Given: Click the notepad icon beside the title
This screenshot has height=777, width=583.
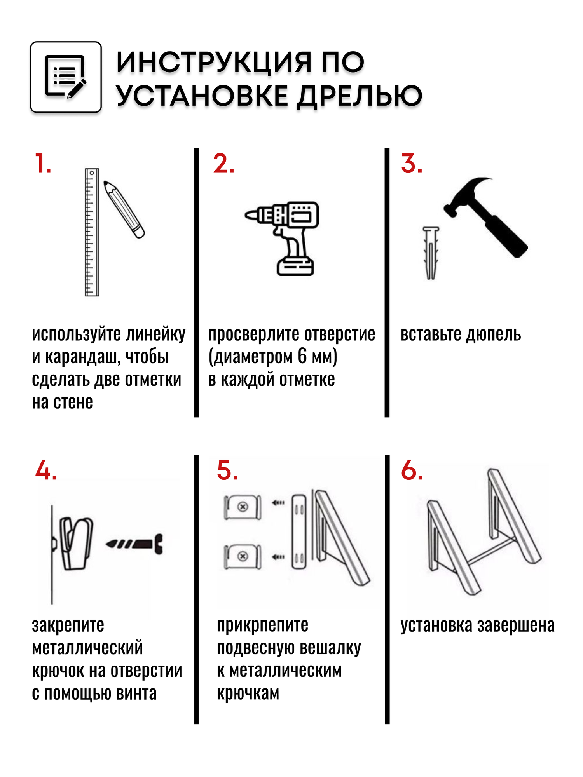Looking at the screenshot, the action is coord(66,77).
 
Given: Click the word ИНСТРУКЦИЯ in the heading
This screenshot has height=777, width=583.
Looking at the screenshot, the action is coord(214,63).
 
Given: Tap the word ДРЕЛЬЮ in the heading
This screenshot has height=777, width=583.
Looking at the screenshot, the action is coord(360,96).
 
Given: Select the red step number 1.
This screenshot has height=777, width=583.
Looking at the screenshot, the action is coord(42,164).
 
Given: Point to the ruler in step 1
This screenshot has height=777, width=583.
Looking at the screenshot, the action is coord(92,232).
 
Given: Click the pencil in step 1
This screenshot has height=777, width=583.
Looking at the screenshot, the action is coord(124,209).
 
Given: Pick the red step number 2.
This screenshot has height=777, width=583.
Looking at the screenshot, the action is coord(223,164).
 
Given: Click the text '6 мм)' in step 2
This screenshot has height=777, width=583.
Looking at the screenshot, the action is coord(317,357).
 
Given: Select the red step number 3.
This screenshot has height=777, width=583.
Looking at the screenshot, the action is coord(411,164).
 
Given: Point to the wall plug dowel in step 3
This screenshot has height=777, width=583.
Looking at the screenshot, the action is coord(431,253).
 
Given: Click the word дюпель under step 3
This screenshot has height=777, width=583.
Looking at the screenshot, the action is coord(494,334).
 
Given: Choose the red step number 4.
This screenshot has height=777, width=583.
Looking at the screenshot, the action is coord(46,470).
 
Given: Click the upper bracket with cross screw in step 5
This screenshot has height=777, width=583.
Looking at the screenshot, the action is coord(243,507).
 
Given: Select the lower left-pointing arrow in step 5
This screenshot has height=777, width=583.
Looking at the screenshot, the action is coord(278,557).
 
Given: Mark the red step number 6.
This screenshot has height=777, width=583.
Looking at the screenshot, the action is coord(412,470).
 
